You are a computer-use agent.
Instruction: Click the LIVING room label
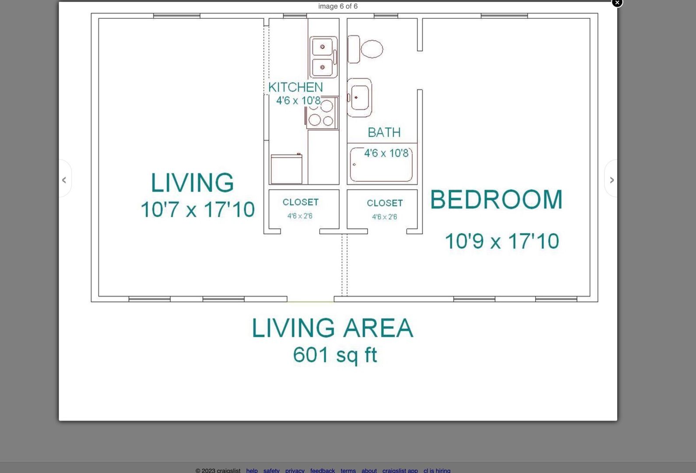192,183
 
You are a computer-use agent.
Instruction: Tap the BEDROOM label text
496,200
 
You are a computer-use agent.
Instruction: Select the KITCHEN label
295,87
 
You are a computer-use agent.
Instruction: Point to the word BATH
384,132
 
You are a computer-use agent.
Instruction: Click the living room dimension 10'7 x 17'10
197,209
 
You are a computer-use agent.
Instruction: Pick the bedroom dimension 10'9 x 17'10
502,241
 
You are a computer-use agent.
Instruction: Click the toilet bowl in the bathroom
372,49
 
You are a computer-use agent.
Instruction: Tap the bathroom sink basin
359,98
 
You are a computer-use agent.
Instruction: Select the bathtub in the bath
381,164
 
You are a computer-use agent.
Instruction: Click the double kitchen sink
323,57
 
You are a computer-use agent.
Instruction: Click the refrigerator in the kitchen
286,169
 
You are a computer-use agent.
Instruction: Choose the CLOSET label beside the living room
300,202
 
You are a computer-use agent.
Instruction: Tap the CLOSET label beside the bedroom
385,203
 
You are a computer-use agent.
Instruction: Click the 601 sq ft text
335,355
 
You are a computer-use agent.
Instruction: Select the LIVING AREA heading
333,328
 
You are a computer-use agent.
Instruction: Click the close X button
617,3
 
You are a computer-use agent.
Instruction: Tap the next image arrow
612,180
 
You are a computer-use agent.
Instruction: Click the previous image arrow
64,180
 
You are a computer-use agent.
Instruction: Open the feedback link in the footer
323,470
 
